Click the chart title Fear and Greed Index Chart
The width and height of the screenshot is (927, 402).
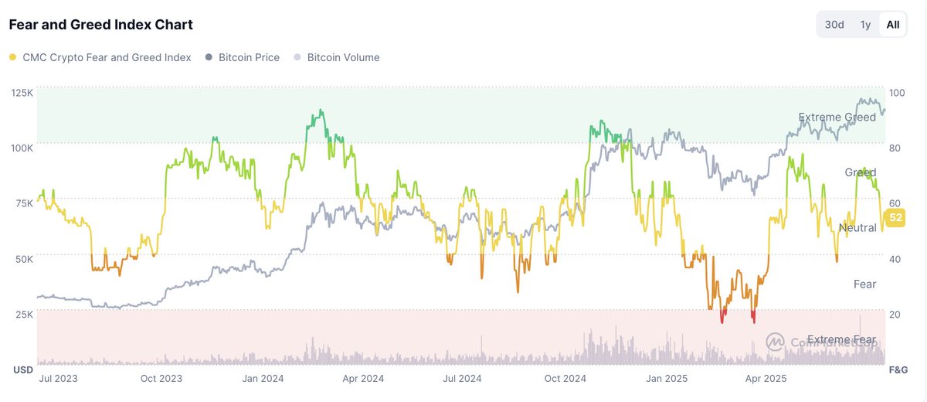click(100, 25)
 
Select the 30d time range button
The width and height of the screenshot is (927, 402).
click(834, 25)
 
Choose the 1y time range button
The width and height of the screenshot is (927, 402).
click(865, 25)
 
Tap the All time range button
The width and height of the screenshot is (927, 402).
click(893, 25)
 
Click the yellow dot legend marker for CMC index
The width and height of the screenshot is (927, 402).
click(12, 57)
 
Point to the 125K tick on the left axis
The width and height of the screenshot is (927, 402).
click(22, 93)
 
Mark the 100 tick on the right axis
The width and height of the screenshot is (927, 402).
click(897, 93)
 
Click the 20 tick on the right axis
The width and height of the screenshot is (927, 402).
click(895, 315)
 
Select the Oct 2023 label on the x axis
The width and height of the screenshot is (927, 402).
click(161, 378)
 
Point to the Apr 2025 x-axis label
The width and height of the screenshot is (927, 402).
click(764, 378)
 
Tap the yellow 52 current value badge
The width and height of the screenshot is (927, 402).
click(895, 218)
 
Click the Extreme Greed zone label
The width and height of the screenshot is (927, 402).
click(837, 118)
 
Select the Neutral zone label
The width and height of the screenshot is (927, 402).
click(857, 228)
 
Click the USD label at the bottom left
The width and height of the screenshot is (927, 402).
click(23, 370)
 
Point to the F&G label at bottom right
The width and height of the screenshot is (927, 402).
click(898, 370)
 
